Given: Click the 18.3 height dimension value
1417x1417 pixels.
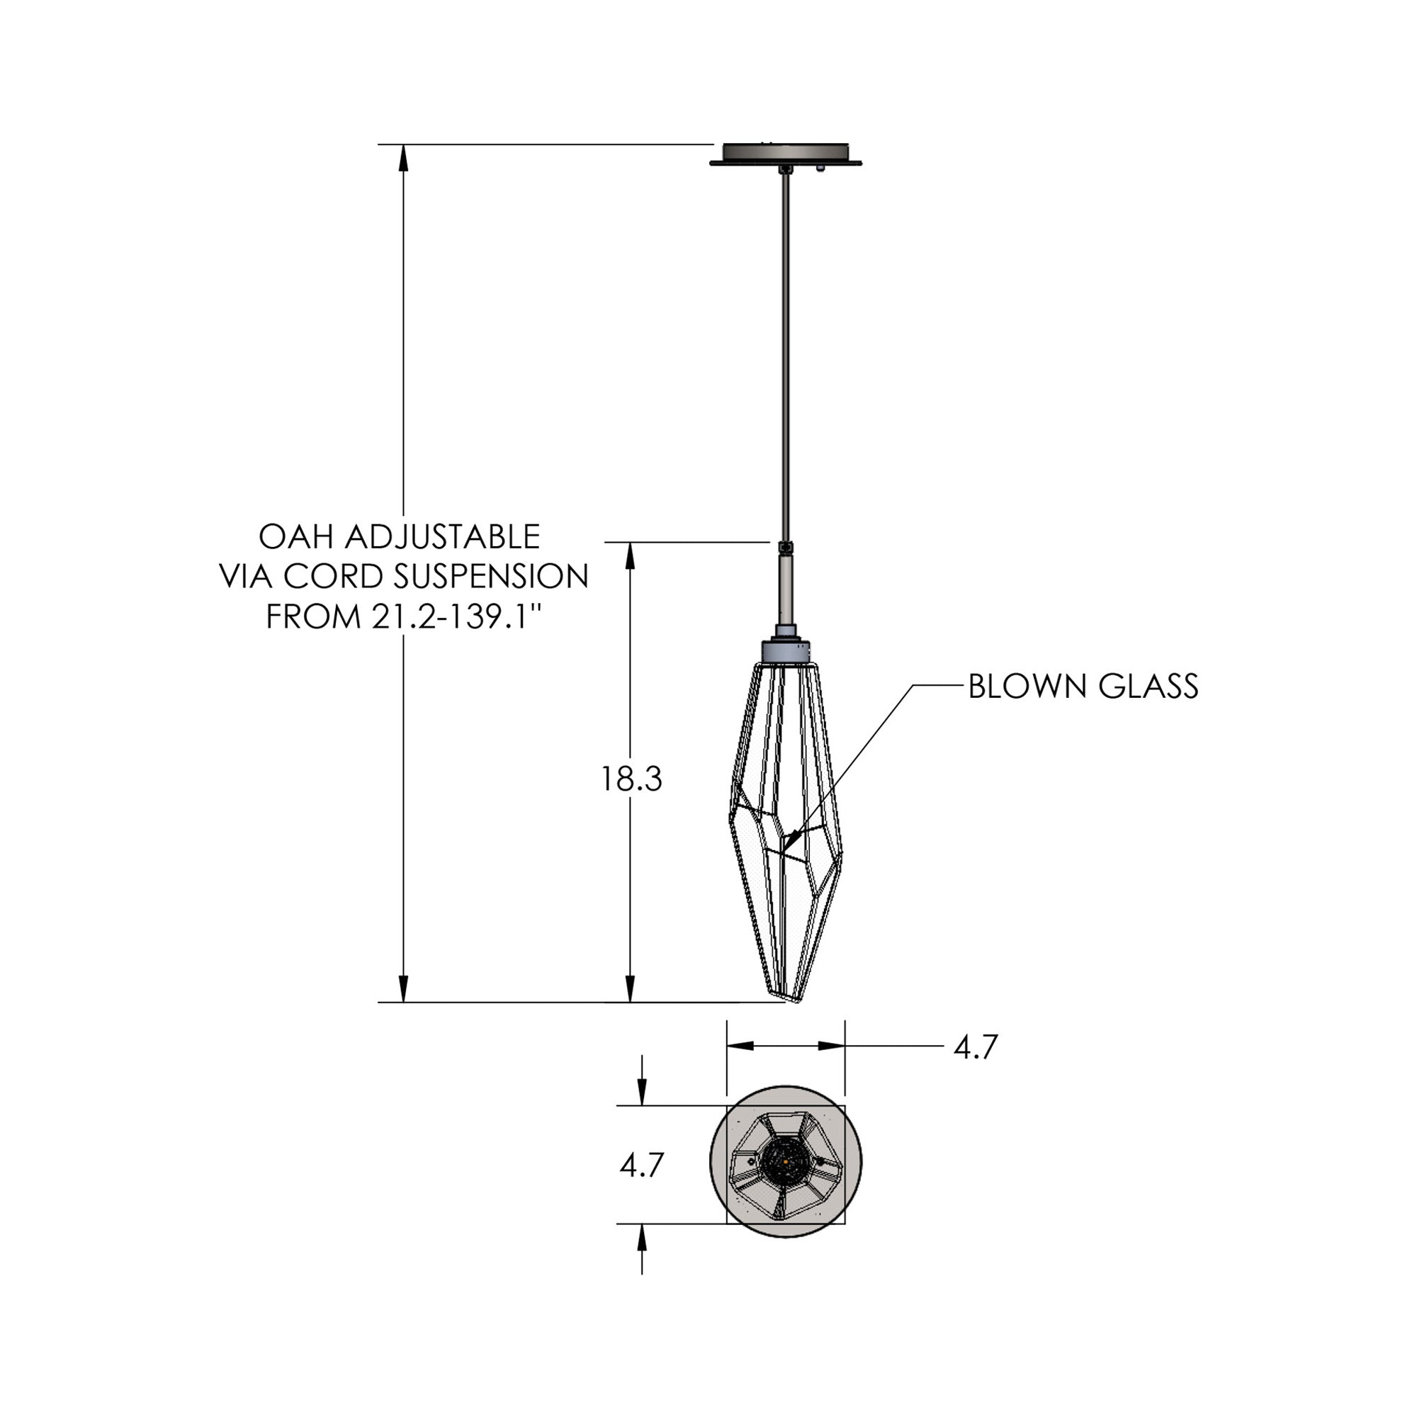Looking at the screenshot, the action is tap(631, 779).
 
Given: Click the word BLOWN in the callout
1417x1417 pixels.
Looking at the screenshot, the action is tap(1027, 687).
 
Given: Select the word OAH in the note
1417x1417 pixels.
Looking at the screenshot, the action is tap(295, 537).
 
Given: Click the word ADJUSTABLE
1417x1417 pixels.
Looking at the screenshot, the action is tap(442, 537).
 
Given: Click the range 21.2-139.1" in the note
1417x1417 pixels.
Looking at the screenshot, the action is tap(458, 616).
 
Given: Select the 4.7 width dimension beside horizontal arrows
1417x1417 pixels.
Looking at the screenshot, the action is tap(976, 1047).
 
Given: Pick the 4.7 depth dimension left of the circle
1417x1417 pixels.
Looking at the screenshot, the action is tap(642, 1165).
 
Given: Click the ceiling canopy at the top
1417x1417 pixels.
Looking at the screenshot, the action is tap(786, 154).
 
